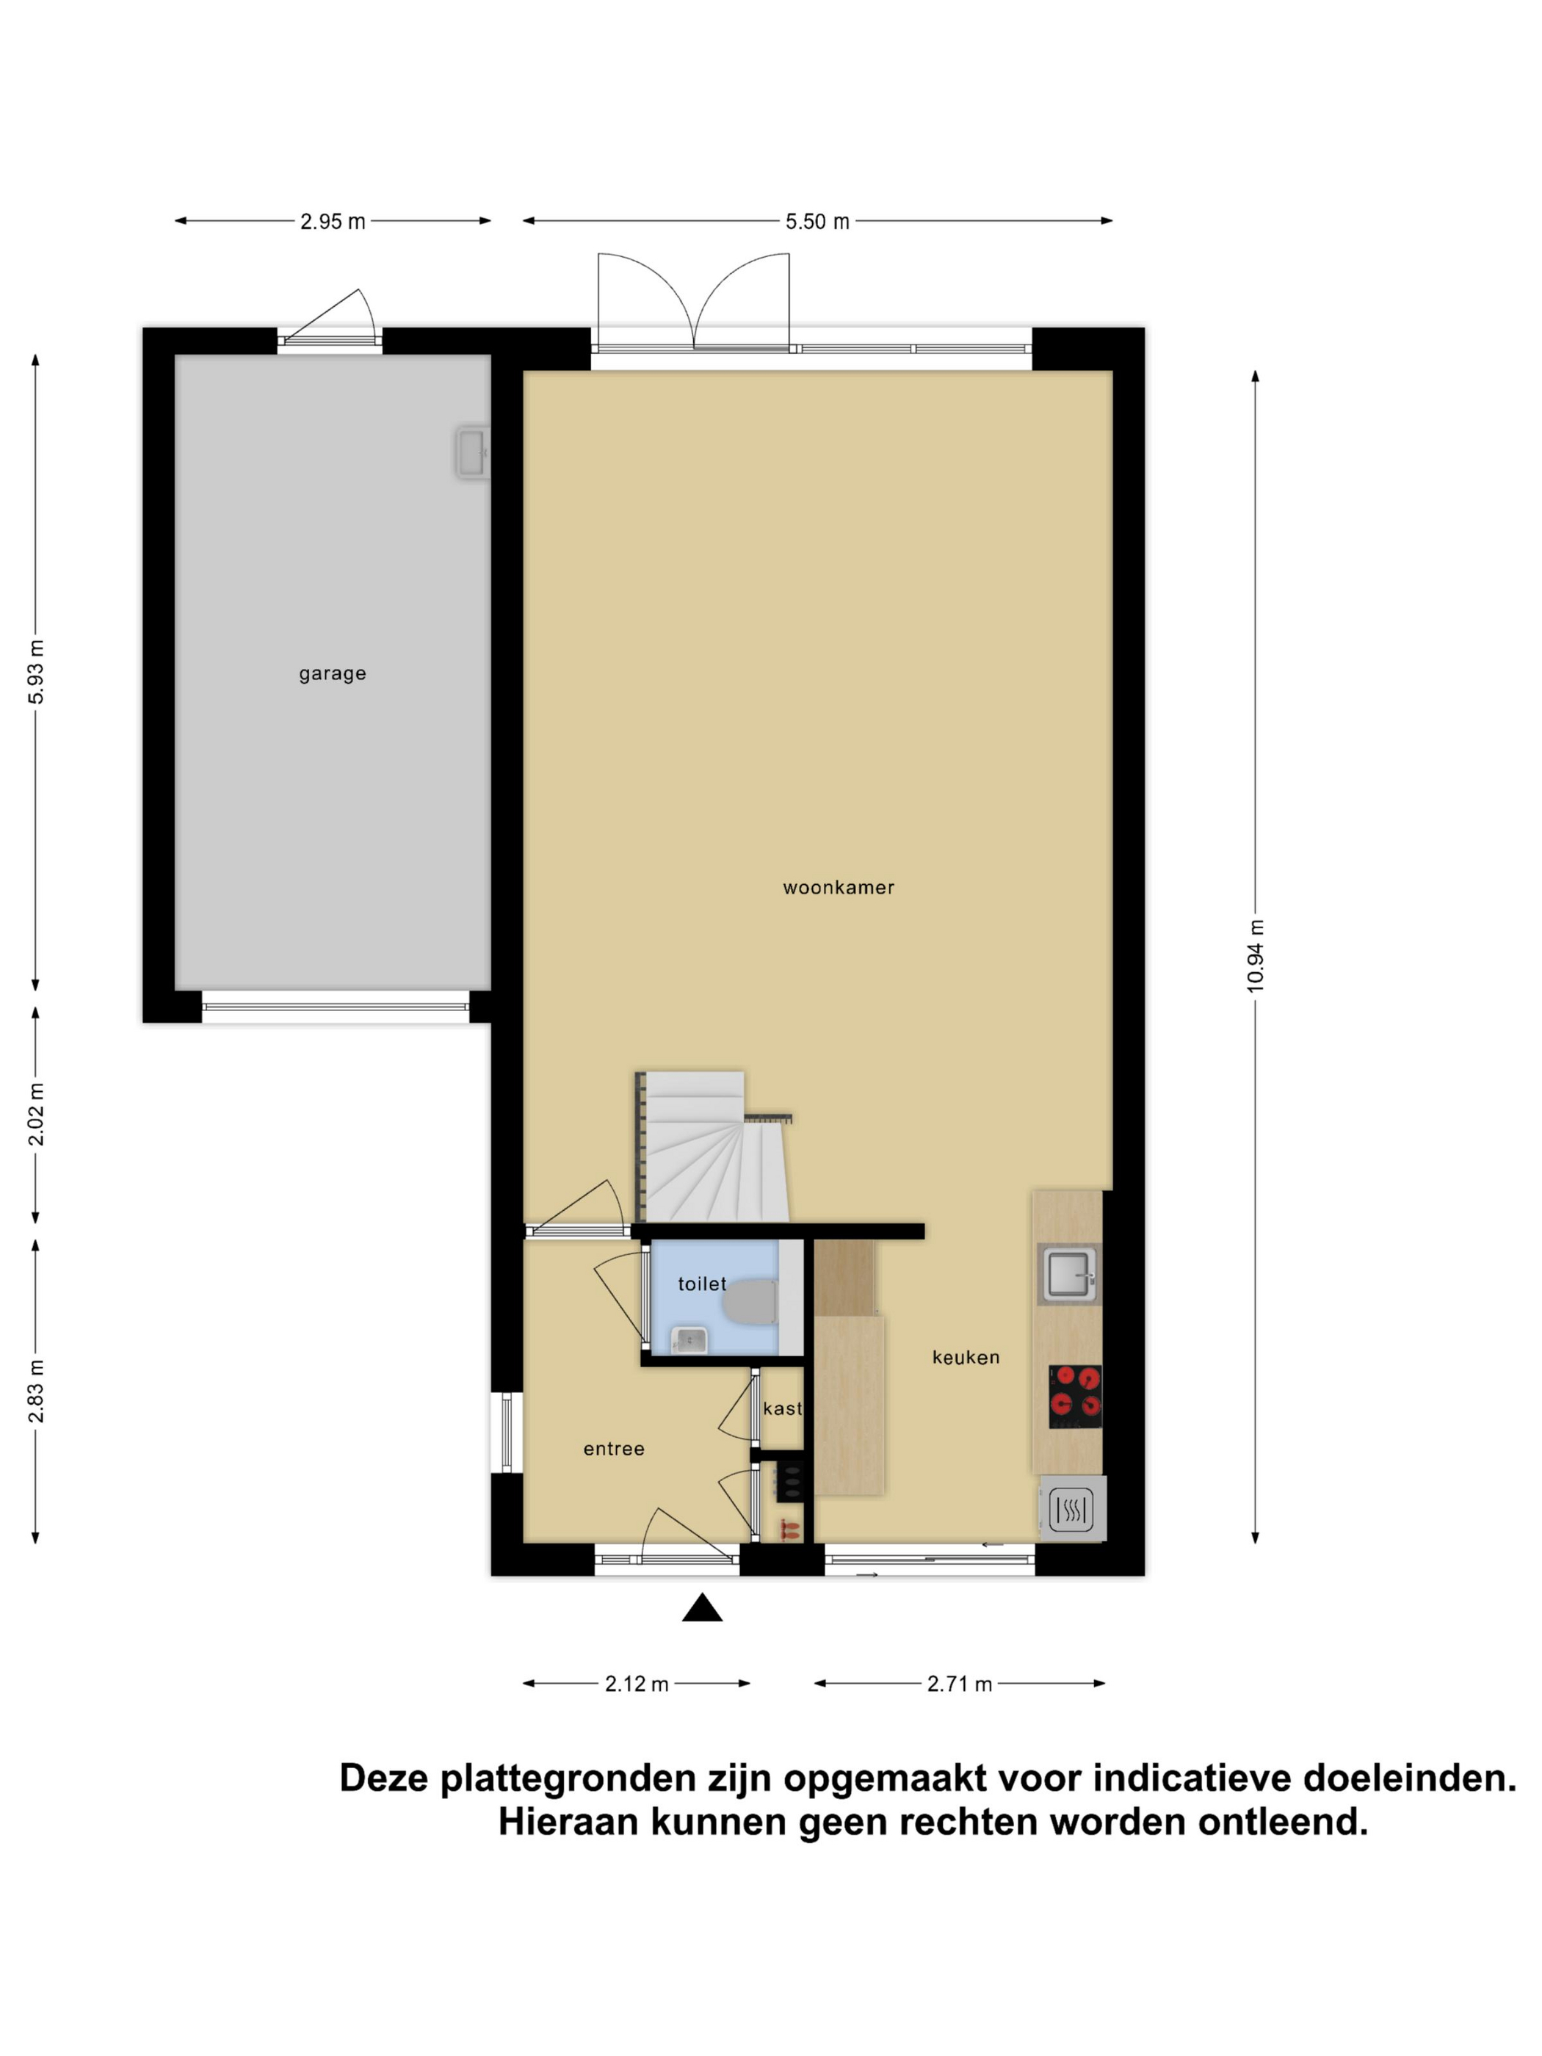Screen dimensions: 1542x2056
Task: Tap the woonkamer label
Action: [x=839, y=888]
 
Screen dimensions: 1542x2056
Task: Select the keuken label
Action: [x=966, y=1357]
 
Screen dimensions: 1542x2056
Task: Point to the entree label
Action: [x=613, y=1448]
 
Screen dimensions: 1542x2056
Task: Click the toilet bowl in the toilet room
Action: [x=750, y=1301]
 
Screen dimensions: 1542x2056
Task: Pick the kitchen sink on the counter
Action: [x=1069, y=1274]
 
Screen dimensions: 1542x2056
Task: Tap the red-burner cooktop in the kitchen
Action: [x=1076, y=1396]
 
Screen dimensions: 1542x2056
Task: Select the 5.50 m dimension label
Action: [x=817, y=221]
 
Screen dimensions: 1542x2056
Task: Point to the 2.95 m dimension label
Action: [x=332, y=221]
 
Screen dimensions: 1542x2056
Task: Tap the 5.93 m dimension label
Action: [x=36, y=671]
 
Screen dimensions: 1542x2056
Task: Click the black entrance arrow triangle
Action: [x=702, y=1607]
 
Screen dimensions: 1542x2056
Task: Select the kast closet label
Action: [x=782, y=1408]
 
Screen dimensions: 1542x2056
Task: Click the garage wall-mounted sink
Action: [x=472, y=452]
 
